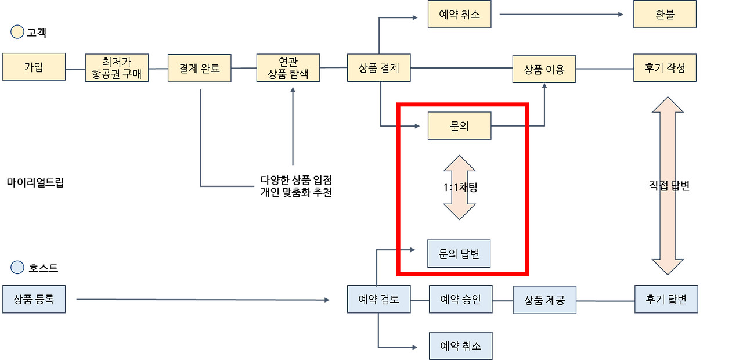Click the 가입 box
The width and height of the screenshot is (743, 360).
pyautogui.click(x=34, y=67)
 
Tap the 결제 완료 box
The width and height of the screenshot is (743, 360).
pyautogui.click(x=200, y=69)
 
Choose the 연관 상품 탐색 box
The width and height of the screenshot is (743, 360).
pyautogui.click(x=288, y=69)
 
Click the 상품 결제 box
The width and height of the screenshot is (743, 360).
pyautogui.click(x=379, y=68)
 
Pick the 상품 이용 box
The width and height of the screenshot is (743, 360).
pyautogui.click(x=544, y=69)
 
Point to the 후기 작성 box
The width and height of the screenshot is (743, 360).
pyautogui.click(x=665, y=68)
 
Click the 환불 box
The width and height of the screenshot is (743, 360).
pyautogui.click(x=665, y=15)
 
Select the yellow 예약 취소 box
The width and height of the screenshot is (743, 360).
pyautogui.click(x=459, y=15)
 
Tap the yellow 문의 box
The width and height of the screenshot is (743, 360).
pyautogui.click(x=459, y=126)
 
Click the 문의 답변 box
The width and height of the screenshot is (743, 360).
pyautogui.click(x=459, y=254)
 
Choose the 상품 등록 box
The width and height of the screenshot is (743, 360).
pyautogui.click(x=34, y=300)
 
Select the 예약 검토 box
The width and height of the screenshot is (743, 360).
pyautogui.click(x=379, y=300)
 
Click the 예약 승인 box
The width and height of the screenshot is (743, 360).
pyautogui.click(x=461, y=300)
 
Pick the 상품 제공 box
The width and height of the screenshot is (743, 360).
pyautogui.click(x=544, y=300)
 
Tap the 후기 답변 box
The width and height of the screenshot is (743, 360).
pyautogui.click(x=666, y=300)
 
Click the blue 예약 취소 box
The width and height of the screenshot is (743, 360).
pyautogui.click(x=461, y=346)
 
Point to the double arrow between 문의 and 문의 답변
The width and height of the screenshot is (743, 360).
pyautogui.click(x=459, y=187)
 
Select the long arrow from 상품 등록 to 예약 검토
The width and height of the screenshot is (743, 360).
pyautogui.click(x=203, y=300)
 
